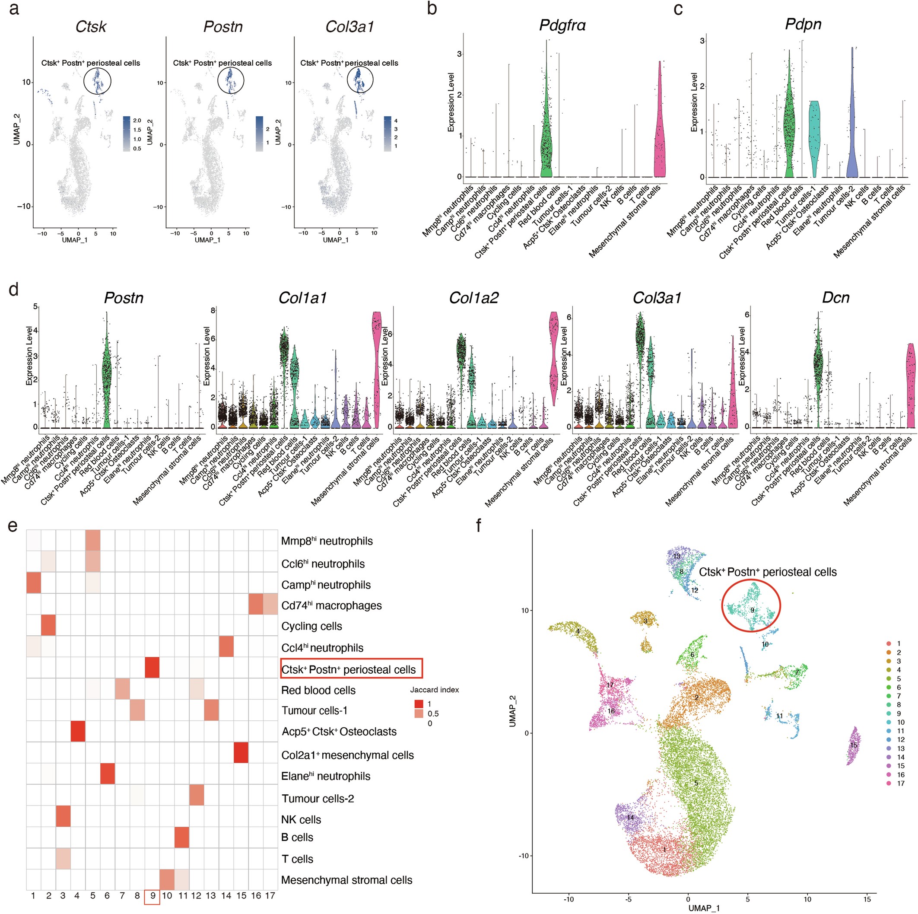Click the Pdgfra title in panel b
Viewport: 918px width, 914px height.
tap(562, 25)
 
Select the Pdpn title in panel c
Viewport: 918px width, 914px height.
tap(803, 24)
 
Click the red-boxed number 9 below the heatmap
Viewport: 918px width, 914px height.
tap(152, 896)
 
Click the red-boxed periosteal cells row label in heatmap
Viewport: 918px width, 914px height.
tap(351, 670)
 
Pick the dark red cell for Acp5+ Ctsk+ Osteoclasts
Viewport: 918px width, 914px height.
tap(78, 732)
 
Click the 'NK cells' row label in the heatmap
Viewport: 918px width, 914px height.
tap(301, 819)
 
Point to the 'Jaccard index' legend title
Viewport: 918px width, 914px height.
tap(434, 690)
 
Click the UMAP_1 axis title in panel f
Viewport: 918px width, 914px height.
tap(704, 908)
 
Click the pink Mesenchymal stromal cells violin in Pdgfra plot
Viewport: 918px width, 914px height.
tap(659, 143)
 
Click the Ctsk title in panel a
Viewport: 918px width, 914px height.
tap(91, 27)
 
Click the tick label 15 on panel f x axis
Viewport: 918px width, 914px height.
tap(867, 899)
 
